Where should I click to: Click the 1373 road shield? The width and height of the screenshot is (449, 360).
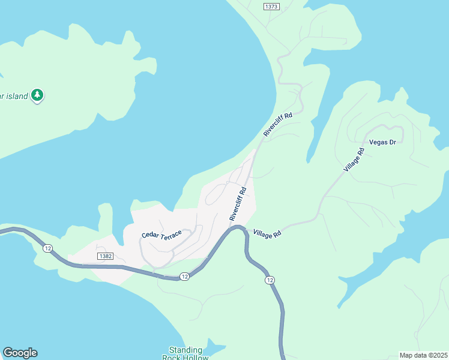[271, 6]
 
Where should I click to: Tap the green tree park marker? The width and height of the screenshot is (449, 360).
[37, 95]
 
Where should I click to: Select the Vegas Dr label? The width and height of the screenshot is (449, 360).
[383, 142]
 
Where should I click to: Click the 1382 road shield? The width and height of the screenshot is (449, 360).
[104, 256]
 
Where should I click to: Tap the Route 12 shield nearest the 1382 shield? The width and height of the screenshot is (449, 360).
[47, 248]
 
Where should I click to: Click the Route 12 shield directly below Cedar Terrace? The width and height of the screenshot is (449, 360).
[184, 276]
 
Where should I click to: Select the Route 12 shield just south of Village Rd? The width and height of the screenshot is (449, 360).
[270, 280]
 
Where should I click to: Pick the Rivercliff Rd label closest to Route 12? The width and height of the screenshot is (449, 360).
[238, 204]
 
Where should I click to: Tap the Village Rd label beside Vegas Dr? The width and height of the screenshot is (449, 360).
[354, 160]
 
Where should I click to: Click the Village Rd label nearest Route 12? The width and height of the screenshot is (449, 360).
[267, 233]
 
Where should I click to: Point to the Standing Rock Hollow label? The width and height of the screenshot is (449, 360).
[185, 353]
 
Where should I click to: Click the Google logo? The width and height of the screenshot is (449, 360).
[20, 353]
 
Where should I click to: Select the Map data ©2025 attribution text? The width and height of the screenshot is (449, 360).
[423, 355]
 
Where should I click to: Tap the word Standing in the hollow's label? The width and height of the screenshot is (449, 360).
[185, 350]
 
